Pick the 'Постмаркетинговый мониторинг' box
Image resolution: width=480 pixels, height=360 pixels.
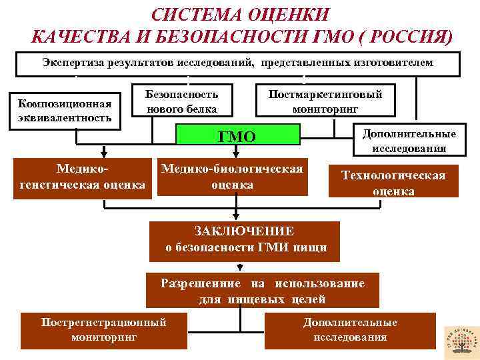click(x=325, y=99)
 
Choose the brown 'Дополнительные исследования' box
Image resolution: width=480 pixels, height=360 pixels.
click(x=350, y=330)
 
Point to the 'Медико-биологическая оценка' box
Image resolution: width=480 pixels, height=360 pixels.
click(x=232, y=177)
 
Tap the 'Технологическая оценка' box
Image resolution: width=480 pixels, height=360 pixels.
click(x=393, y=183)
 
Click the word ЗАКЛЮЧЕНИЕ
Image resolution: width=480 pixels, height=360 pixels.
click(x=244, y=231)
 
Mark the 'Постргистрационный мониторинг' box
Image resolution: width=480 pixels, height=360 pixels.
click(x=103, y=329)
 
